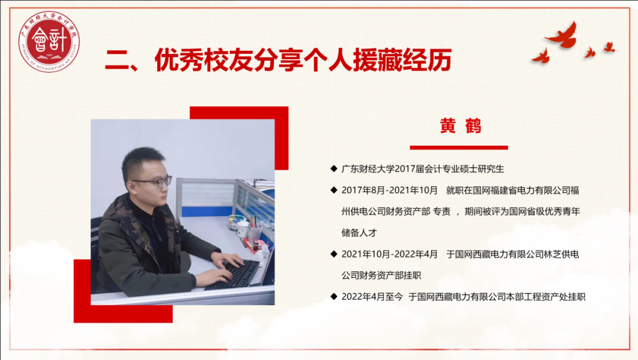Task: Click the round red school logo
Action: [x=49, y=41]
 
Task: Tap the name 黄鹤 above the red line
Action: [x=461, y=126]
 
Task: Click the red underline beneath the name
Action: [x=458, y=147]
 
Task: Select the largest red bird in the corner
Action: [x=562, y=35]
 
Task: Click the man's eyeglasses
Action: [x=154, y=181]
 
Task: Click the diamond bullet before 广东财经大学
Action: [x=334, y=168]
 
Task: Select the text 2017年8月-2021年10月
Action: [x=389, y=190]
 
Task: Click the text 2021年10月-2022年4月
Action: [x=389, y=254]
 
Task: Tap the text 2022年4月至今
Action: [x=372, y=297]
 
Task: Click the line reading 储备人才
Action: [x=359, y=233]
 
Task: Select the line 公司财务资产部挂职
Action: [x=381, y=275]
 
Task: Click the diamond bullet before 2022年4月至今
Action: [x=334, y=297]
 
